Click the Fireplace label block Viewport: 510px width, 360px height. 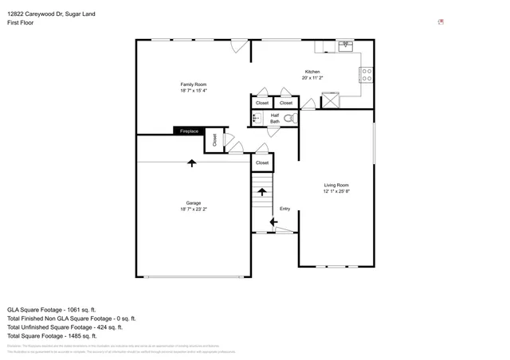click(189, 131)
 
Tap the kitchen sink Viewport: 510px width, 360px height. click(346, 45)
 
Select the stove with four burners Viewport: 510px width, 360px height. click(367, 75)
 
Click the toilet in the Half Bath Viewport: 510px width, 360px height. click(289, 119)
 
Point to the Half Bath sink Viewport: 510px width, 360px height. click(257, 119)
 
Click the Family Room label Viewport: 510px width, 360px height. click(193, 84)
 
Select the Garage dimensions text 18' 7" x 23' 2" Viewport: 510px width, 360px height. click(194, 209)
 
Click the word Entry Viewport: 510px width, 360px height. click(284, 209)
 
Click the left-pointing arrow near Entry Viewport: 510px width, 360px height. click(273, 221)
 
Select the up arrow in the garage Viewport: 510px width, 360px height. click(192, 163)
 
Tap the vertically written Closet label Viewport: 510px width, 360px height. click(214, 139)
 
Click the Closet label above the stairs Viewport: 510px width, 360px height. click(262, 162)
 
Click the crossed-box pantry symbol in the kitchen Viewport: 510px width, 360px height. click(330, 100)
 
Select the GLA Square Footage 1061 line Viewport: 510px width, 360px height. click(52, 309)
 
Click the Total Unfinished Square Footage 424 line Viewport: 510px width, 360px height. click(65, 327)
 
